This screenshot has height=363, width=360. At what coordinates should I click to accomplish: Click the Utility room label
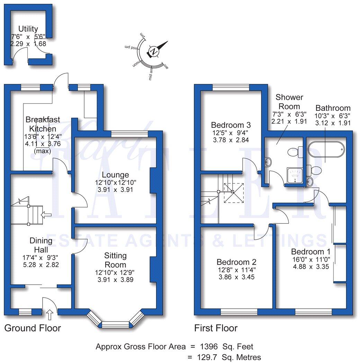click(x=28, y=29)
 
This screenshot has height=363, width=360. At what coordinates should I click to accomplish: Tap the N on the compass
click(x=154, y=52)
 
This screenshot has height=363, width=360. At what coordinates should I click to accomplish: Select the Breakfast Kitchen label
click(x=43, y=124)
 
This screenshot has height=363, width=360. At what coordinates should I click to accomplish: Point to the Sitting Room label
click(x=115, y=260)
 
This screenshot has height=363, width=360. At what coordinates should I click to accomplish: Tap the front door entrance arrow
click(x=49, y=315)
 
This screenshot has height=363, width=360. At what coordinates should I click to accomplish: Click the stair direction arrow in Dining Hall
click(x=46, y=215)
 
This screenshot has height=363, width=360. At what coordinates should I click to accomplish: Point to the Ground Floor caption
click(x=33, y=328)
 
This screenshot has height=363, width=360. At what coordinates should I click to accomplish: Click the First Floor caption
click(x=216, y=328)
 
